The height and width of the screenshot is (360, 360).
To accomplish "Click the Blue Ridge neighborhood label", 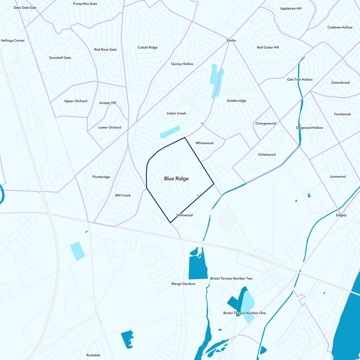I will point(176,179).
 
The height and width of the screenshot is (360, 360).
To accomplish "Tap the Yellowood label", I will point(184,215).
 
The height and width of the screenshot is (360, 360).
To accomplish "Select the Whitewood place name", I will point(204,143).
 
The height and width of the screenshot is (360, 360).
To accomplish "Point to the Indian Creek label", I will point(176,113).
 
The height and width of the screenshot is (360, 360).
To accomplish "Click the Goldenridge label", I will point(236,101).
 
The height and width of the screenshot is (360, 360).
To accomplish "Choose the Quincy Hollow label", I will point(182,64).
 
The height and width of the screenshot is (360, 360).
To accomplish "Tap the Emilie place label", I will point(231,40).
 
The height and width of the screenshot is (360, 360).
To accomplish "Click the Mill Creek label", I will point(123,195).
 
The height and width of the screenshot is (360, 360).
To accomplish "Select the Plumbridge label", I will point(101,177).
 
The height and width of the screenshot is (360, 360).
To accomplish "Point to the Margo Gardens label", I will point(184,284).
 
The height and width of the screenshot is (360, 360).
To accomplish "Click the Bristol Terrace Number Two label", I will point(231,279).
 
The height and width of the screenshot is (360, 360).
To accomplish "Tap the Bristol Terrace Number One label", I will point(244,313).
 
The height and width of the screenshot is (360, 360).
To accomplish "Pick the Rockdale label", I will point(93,355).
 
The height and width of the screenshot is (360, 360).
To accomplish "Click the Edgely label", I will point(341,215).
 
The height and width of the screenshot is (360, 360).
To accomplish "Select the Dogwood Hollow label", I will point(309,128).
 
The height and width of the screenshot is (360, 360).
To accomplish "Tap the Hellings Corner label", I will point(13,40).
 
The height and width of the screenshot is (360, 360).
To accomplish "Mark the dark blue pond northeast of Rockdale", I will point(127,338).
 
